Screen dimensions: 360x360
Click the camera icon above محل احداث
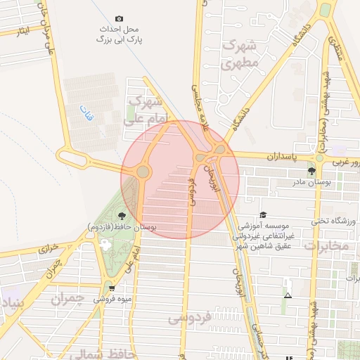pyautogui.click(x=119, y=18)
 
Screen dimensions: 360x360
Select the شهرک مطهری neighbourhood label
pyautogui.click(x=241, y=54)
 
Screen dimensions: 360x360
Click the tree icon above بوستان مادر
pyautogui.click(x=312, y=171)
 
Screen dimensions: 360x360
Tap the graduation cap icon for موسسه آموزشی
pyautogui.click(x=263, y=215)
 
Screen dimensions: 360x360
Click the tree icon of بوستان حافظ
pyautogui.click(x=122, y=215)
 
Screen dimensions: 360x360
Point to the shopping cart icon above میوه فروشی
pyautogui.click(x=111, y=288)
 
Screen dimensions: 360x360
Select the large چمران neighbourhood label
pyautogui.click(x=68, y=299)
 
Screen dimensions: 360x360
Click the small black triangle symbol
pyautogui.click(x=288, y=295)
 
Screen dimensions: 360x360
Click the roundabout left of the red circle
pyautogui.click(x=143, y=171)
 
